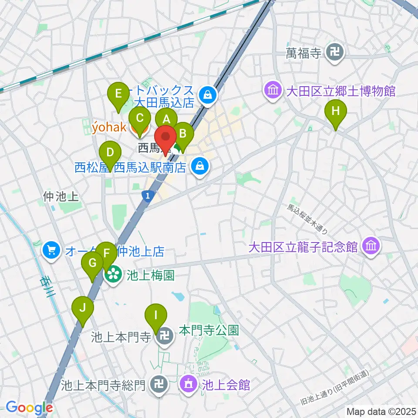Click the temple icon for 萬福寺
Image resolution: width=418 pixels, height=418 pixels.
pos(337,54)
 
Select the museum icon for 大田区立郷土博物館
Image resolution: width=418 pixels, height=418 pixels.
pos(273,91)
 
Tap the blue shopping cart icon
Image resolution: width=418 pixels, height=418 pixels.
pos(51,251)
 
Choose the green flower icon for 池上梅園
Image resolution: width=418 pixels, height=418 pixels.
pos(113,275)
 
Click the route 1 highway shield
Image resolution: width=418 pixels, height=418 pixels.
pos(148,197)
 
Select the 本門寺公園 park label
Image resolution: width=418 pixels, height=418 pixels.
pos(209,330)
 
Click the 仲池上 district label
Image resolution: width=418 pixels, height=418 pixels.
pos(61,197)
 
